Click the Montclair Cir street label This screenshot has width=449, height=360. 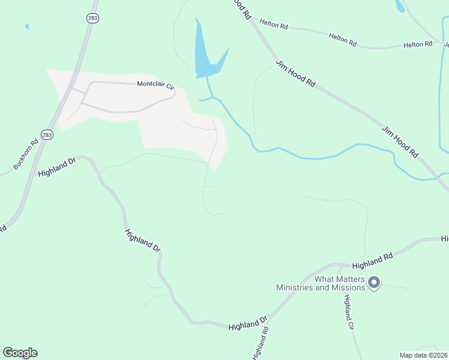155,85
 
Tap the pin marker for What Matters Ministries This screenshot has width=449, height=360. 374,282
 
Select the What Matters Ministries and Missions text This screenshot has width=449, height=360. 321,283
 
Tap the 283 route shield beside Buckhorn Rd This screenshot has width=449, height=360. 47,135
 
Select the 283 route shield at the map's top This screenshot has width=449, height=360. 92,19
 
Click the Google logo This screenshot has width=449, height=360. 20,353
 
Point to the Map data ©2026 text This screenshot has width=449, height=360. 423,355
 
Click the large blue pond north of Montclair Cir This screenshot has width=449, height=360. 204,57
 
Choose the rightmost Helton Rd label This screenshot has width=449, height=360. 418,44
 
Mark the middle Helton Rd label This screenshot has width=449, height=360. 343,40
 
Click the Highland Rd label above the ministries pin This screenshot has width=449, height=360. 372,260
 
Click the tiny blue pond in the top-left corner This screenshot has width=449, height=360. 26,26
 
